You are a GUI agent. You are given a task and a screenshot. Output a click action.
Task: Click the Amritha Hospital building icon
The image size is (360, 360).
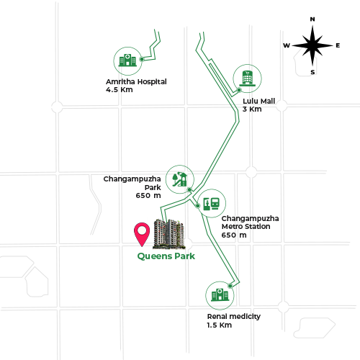[x=127, y=60]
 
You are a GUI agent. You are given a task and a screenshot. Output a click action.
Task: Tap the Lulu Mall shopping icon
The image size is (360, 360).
[x=247, y=78]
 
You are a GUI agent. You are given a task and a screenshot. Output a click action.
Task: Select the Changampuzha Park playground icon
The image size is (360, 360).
[x=180, y=179]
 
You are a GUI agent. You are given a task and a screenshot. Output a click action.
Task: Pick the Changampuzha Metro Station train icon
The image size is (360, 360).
[x=212, y=204]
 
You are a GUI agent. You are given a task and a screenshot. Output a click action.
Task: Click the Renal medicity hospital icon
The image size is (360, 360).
[x=220, y=294]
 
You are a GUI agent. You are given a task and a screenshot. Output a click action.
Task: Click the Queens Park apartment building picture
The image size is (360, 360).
[x=169, y=234]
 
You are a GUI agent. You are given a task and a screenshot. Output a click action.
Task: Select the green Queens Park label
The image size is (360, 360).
[x=166, y=256]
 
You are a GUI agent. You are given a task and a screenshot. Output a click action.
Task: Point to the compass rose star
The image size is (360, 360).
[x=312, y=45]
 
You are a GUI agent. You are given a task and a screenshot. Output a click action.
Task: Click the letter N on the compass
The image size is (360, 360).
[x=312, y=19]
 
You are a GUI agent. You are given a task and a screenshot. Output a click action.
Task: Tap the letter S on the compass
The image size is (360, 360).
[x=312, y=72]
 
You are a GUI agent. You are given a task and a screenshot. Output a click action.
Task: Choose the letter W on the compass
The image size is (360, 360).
[x=287, y=45]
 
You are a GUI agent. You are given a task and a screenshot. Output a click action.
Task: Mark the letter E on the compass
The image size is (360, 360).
[x=338, y=45]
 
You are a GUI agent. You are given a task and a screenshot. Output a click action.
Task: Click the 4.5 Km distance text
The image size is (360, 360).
[x=120, y=90]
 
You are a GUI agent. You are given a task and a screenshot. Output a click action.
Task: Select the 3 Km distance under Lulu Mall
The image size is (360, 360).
[x=252, y=109]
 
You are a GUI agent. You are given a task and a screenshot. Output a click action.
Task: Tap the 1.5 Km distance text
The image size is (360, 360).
[x=220, y=325]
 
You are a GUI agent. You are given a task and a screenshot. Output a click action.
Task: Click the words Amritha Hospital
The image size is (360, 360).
[x=136, y=81]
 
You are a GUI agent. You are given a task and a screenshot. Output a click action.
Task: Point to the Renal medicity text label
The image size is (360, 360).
[x=234, y=317]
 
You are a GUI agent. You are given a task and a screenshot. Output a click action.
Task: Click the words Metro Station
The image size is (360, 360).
[x=246, y=227]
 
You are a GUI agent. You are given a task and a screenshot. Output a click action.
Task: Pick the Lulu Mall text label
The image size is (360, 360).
[x=259, y=101]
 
